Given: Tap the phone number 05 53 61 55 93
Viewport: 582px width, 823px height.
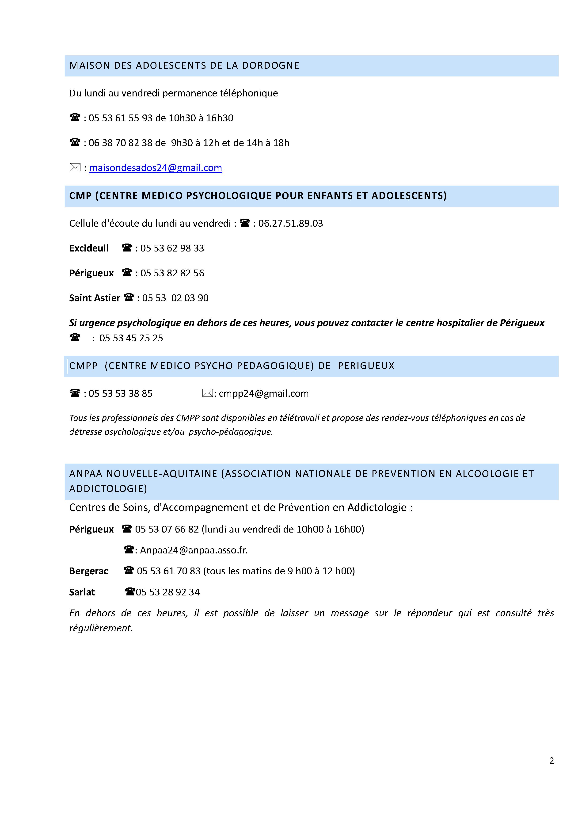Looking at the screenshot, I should click(120, 118).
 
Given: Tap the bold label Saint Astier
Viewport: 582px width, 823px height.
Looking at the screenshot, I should click(95, 298).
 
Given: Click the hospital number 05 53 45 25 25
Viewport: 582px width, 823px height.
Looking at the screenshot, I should click(131, 338).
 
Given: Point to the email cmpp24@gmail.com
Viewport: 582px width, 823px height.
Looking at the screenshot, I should click(263, 394).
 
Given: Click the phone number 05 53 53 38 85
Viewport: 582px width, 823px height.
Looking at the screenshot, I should click(120, 394).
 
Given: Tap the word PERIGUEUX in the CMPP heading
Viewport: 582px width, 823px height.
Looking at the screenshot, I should click(366, 366).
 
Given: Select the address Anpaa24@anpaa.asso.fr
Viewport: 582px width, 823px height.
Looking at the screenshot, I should click(194, 550).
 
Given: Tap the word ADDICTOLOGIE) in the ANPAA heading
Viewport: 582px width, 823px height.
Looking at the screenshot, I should click(108, 489).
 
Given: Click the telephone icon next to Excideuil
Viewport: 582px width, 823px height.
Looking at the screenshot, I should click(127, 248).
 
